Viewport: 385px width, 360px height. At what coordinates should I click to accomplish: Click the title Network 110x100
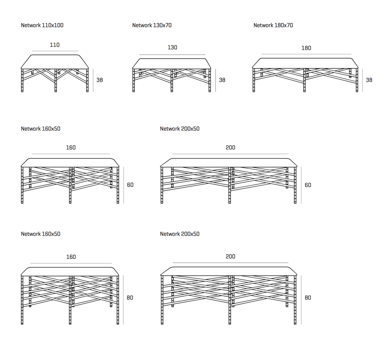tap(42, 25)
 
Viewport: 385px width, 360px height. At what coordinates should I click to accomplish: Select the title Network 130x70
tap(152, 25)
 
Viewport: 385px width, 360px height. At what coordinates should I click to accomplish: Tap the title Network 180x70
tap(273, 25)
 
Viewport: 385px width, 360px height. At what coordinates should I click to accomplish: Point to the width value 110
tap(55, 45)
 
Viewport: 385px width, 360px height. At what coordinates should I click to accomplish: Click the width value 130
tap(172, 48)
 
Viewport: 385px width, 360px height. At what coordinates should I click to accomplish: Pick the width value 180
tap(306, 48)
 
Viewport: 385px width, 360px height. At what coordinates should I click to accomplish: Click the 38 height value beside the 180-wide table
tap(369, 80)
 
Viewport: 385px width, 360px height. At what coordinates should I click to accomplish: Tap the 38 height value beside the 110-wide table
tap(100, 80)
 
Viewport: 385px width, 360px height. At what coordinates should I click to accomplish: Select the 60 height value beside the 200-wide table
tap(308, 185)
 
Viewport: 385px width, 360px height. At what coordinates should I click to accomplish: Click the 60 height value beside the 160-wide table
tap(130, 185)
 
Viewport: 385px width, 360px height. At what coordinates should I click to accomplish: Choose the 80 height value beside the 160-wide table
tap(130, 298)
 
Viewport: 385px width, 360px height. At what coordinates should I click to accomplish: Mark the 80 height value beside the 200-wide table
tap(308, 298)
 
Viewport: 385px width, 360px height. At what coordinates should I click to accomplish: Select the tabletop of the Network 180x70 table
tap(306, 63)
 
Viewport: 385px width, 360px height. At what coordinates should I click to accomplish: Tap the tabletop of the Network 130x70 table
tap(172, 63)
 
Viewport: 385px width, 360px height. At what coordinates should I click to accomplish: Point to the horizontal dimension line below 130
tap(172, 55)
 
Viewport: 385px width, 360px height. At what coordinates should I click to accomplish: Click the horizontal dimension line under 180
tap(306, 54)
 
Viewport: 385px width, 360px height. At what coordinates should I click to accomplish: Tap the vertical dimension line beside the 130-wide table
tap(216, 80)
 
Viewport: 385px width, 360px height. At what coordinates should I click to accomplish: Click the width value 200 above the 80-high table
tap(231, 257)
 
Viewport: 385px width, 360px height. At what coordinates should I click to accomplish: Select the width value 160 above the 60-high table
tap(71, 148)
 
